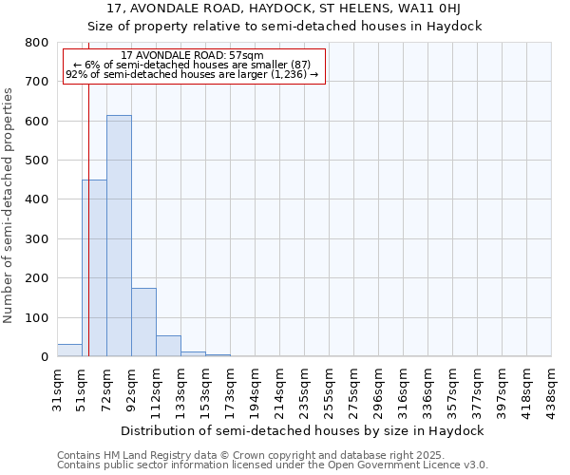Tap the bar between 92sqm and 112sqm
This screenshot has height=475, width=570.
pyautogui.click(x=143, y=322)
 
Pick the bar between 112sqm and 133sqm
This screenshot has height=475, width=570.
pyautogui.click(x=168, y=346)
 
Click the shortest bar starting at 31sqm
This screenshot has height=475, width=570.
pyautogui.click(x=69, y=350)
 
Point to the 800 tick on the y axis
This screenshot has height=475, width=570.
pyautogui.click(x=37, y=43)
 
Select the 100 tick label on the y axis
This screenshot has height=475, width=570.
pyautogui.click(x=37, y=317)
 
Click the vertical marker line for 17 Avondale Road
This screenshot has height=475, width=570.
pyautogui.click(x=88, y=237)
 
